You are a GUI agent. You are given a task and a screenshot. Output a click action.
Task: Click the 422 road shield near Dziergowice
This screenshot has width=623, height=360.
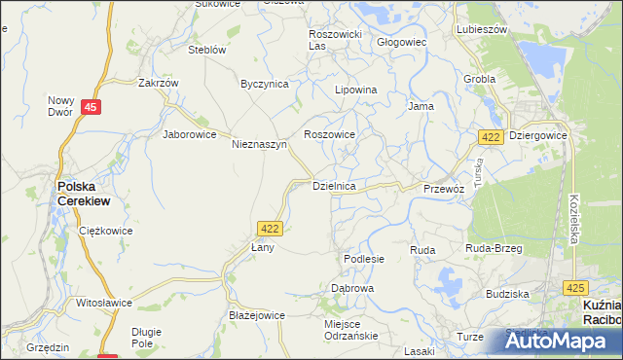[x=491, y=138]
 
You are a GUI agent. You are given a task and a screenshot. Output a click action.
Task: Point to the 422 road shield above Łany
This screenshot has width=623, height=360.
[x=271, y=228]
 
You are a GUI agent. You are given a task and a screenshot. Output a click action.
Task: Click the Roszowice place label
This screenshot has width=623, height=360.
[x=330, y=134]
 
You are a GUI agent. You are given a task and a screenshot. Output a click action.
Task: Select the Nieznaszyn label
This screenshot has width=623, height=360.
[x=259, y=144]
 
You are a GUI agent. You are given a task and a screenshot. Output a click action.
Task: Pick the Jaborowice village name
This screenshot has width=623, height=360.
[x=189, y=134]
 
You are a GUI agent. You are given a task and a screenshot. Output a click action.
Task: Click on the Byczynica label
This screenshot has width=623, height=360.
[x=265, y=84]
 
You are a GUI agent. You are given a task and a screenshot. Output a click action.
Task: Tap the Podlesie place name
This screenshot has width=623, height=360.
[x=364, y=259]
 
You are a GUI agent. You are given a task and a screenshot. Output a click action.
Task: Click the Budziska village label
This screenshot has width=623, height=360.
[x=506, y=293]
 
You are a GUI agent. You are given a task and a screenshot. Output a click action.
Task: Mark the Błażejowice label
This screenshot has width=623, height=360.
[x=256, y=315]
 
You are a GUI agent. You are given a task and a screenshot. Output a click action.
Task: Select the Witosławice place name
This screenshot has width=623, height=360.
[x=104, y=303]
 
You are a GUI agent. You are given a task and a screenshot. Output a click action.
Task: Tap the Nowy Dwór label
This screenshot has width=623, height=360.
[x=61, y=105]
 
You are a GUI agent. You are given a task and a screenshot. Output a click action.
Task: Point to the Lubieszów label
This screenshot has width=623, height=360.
[x=482, y=29]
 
